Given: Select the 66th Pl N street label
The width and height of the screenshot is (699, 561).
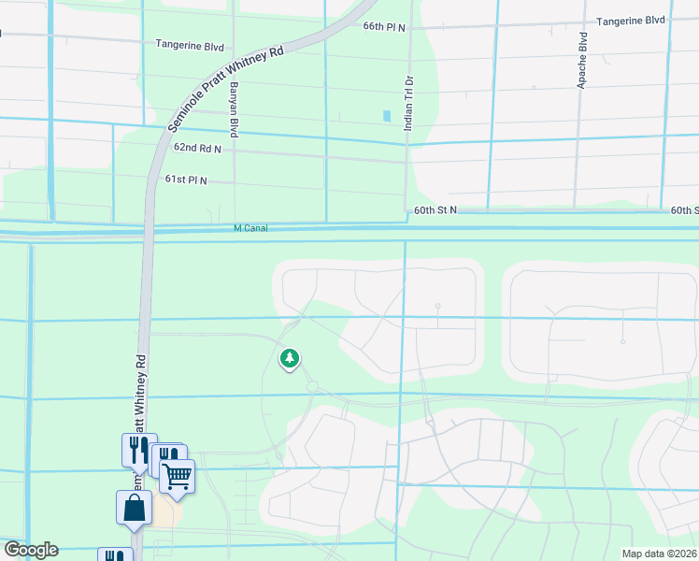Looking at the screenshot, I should point(385,27).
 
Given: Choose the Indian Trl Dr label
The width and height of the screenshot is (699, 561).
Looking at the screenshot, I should point(408,102).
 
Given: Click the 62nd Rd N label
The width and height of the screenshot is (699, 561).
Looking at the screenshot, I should point(197,148).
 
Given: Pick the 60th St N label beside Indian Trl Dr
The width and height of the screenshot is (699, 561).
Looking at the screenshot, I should point(435,210).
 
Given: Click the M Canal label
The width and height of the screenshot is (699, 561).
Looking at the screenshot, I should point(250,227).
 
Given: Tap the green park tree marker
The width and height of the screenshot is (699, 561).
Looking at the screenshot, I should point(290,358).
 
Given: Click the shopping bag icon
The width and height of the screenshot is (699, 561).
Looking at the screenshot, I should point(134,508).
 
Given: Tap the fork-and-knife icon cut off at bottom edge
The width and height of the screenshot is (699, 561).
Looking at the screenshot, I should point(115,555).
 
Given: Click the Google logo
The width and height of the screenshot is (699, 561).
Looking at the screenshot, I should point(31,550).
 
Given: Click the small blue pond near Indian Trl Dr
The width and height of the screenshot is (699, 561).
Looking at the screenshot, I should point(387,116).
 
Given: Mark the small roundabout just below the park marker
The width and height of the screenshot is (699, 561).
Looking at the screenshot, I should point(312,386).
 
